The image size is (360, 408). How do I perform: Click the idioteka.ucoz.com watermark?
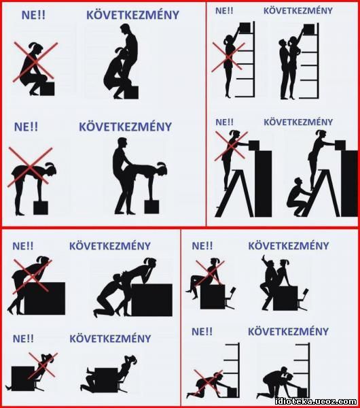coord(316,401)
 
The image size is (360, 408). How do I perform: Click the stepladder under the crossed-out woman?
coord(234,193)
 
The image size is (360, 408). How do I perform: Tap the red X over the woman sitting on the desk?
coord(210,273)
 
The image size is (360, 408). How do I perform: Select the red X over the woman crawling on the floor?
coord(209,384)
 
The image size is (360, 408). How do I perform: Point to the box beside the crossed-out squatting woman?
coord(48,89)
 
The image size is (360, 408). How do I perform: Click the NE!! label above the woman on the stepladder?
coord(225,122)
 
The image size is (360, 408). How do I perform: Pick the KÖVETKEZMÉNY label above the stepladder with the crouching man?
coord(298,122)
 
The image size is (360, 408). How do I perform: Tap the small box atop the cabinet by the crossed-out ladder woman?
coord(254,146)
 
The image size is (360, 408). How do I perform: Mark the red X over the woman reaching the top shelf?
coord(228,57)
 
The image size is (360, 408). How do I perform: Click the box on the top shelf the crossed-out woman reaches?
coord(245,27)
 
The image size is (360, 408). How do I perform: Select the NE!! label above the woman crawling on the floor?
coord(202,332)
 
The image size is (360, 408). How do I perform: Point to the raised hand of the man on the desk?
coord(264,258)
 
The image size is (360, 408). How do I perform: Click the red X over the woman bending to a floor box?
coord(30,167)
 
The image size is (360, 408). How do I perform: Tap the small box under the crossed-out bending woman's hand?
coord(41,207)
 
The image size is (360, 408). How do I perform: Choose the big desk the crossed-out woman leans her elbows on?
coord(44,299)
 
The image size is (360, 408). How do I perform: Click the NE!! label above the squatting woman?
coord(33,15)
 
